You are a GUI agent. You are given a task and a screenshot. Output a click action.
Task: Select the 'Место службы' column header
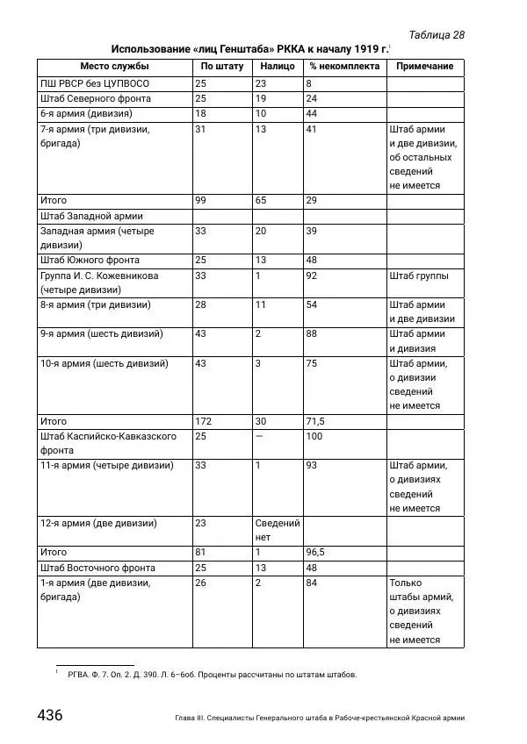114,67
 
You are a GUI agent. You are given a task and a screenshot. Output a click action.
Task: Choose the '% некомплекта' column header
344,67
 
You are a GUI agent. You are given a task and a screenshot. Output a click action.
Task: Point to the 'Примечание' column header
425,67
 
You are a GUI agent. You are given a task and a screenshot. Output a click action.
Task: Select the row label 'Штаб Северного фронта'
96,98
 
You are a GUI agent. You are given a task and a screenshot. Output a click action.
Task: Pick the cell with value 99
201,201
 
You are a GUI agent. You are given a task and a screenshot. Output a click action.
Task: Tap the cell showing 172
204,422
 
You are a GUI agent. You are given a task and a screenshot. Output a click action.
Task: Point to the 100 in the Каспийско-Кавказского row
314,436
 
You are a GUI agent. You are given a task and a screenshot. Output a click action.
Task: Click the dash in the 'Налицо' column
259,436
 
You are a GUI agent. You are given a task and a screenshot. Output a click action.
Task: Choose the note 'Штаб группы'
419,275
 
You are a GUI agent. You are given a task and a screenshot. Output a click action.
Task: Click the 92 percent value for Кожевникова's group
311,275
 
